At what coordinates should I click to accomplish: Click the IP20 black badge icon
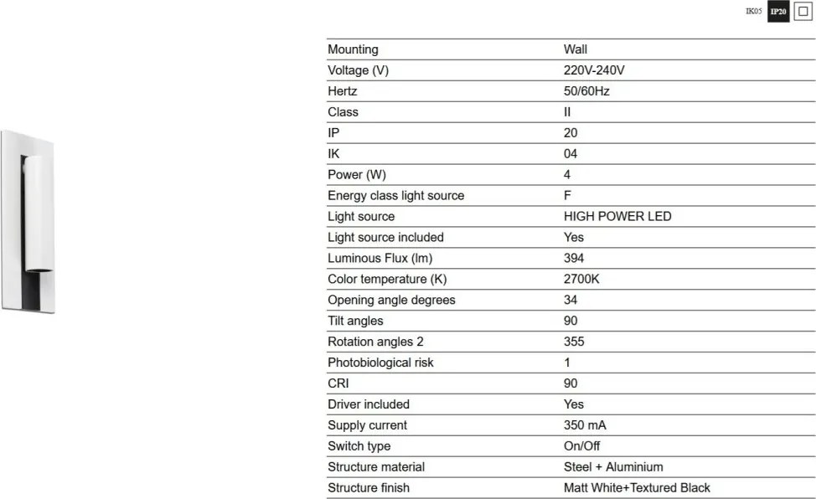778,12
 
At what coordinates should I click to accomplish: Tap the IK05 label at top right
753,12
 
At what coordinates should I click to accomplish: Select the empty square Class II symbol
802,12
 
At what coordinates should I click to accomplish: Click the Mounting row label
353,49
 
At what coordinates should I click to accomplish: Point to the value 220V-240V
594,70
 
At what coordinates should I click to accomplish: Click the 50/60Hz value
586,91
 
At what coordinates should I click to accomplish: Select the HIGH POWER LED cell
617,216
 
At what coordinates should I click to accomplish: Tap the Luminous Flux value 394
574,258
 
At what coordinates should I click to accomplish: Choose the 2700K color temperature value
581,279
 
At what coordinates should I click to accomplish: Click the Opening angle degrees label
391,300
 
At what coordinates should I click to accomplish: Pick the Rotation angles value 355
574,342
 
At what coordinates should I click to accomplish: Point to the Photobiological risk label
380,363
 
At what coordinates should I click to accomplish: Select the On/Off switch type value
581,446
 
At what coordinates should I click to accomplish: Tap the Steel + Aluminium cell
613,467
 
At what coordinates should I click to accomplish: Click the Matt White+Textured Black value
637,488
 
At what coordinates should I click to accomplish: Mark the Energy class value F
568,195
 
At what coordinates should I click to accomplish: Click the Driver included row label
369,404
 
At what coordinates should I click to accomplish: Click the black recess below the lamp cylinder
36,289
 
